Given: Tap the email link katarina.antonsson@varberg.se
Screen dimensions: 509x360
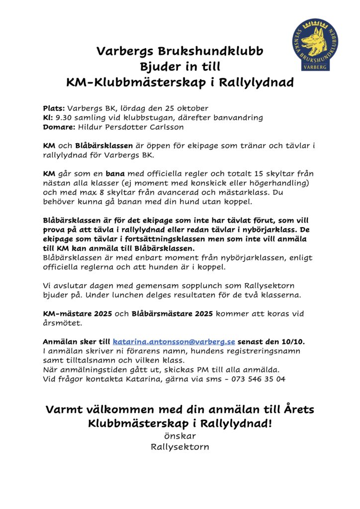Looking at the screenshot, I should tap(174, 342).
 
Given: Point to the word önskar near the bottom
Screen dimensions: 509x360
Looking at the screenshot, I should tap(180, 436).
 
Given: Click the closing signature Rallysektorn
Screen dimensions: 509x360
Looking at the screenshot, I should tap(180, 446).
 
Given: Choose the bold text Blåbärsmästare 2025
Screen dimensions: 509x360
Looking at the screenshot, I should tap(172, 314).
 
